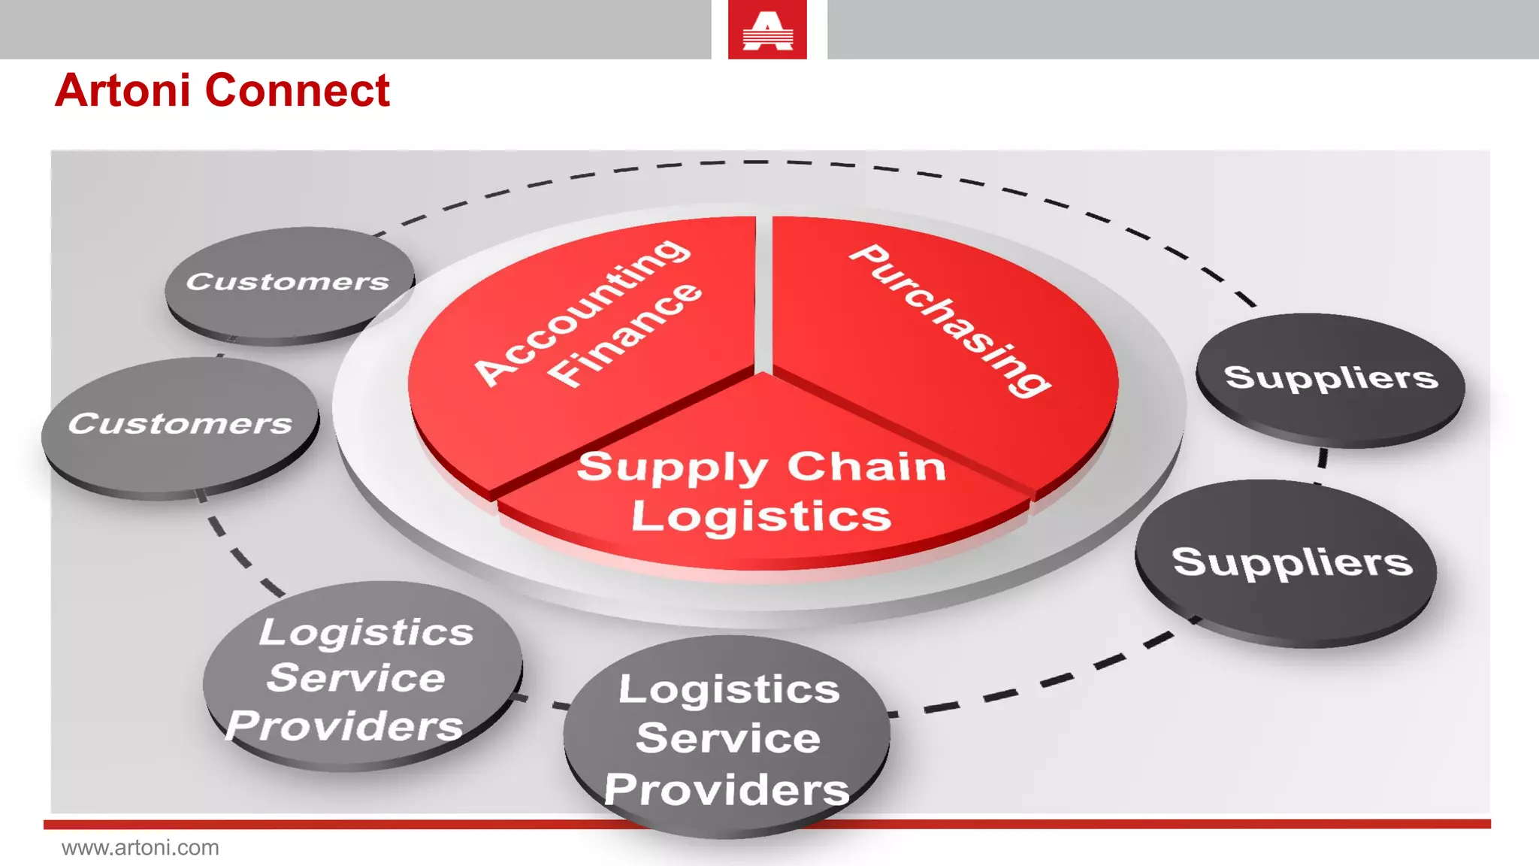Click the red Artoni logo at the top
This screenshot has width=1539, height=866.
767,30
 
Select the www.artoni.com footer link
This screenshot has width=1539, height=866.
141,848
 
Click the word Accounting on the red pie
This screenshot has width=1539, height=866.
582,311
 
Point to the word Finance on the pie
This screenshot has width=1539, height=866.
624,335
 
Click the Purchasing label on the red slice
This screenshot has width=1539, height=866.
951,319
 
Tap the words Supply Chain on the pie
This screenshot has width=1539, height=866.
760,468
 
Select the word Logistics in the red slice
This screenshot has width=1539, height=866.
760,516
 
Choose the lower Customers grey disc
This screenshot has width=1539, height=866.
180,424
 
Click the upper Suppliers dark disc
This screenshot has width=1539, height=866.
1331,377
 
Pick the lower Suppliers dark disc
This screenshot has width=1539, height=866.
1292,562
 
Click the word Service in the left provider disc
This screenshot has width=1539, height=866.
356,678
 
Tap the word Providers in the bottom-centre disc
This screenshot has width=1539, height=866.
727,790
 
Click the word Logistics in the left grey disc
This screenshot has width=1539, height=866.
367,631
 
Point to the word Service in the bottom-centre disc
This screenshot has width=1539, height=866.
728,737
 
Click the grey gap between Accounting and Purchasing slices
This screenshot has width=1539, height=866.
763,293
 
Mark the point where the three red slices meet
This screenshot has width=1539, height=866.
763,373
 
